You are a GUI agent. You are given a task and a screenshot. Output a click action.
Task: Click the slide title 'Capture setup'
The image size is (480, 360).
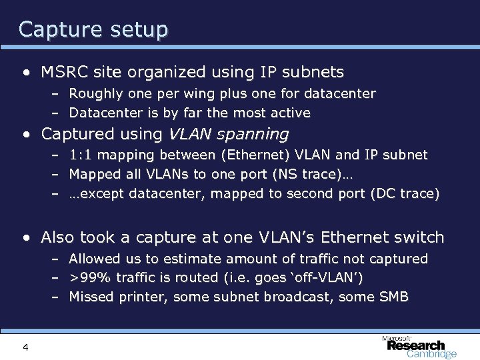[93, 29]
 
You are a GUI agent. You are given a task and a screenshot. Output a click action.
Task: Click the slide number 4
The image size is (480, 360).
[25, 347]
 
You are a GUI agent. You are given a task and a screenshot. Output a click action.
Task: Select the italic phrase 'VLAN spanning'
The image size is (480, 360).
[229, 134]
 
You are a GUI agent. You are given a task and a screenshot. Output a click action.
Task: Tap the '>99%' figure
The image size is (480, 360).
[87, 277]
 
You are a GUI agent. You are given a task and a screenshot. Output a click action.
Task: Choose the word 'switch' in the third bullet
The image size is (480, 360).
[420, 237]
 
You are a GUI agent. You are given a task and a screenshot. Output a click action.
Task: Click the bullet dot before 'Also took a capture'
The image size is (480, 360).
[25, 237]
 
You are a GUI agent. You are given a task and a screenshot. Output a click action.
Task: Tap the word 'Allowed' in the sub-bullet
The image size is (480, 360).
[94, 258]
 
